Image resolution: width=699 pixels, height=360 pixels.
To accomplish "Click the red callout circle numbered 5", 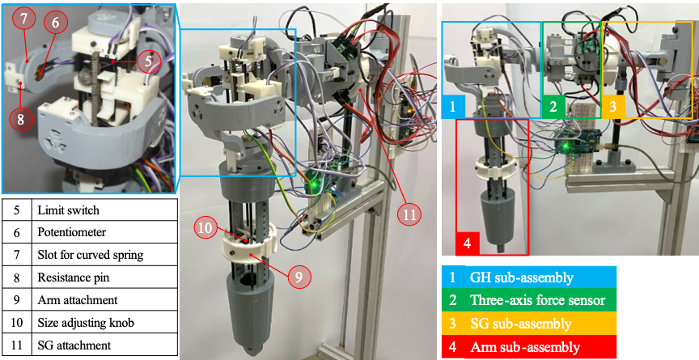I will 148,59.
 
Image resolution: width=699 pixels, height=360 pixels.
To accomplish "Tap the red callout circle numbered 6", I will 56,23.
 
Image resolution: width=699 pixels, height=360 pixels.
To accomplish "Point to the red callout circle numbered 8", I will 21,118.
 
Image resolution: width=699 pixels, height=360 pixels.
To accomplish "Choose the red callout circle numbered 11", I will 409,215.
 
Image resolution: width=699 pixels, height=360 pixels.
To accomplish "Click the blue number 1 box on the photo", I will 453,106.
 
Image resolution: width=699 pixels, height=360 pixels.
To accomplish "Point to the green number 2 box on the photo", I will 553,106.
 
